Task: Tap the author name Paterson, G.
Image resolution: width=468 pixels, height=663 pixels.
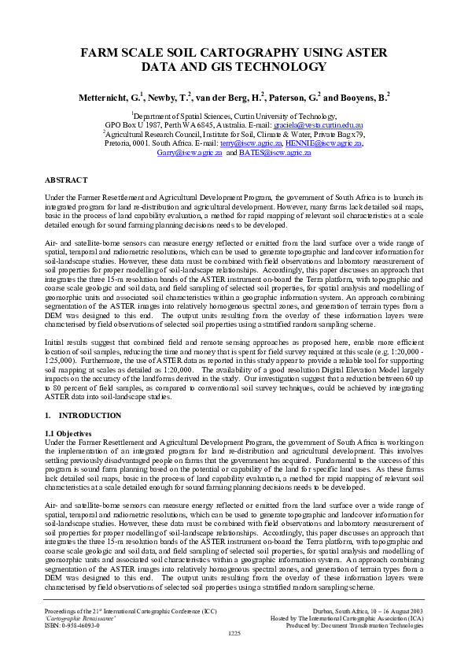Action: tap(294, 98)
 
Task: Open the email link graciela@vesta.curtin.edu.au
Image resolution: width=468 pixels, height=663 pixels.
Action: tap(318, 124)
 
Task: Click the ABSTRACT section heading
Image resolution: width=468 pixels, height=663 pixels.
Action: tap(67, 180)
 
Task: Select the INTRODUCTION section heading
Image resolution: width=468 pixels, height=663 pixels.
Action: tap(90, 415)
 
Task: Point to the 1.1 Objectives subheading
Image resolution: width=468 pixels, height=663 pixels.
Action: tap(68, 433)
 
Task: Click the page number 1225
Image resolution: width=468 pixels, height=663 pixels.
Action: tap(234, 633)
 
